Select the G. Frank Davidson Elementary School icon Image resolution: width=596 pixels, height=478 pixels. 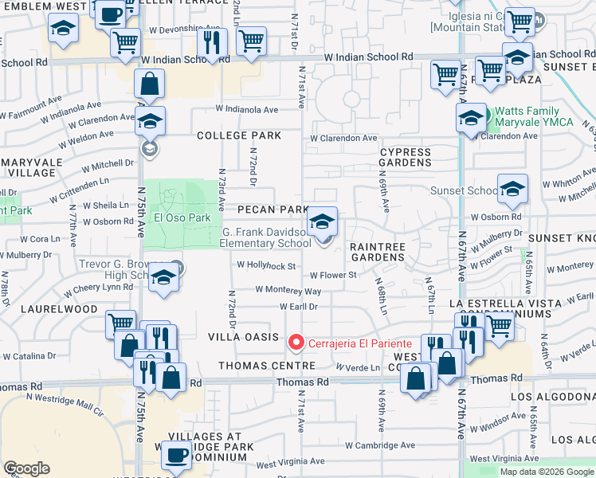[x=323, y=222]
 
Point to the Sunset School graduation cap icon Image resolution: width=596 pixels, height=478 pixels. [x=512, y=189]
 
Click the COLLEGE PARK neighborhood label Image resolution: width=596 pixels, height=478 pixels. [x=239, y=135]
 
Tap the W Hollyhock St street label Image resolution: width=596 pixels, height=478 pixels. [x=266, y=265]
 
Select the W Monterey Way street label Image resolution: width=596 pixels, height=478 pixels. [x=288, y=291]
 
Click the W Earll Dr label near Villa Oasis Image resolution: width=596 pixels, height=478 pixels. [x=299, y=306]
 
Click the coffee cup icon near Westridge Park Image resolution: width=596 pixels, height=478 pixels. [x=175, y=455]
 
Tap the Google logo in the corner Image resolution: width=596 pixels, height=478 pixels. [x=26, y=468]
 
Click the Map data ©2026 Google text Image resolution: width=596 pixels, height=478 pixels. [x=546, y=472]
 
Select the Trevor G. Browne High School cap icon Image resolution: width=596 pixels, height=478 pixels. [x=164, y=278]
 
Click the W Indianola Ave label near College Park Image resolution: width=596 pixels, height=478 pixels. [x=246, y=109]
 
